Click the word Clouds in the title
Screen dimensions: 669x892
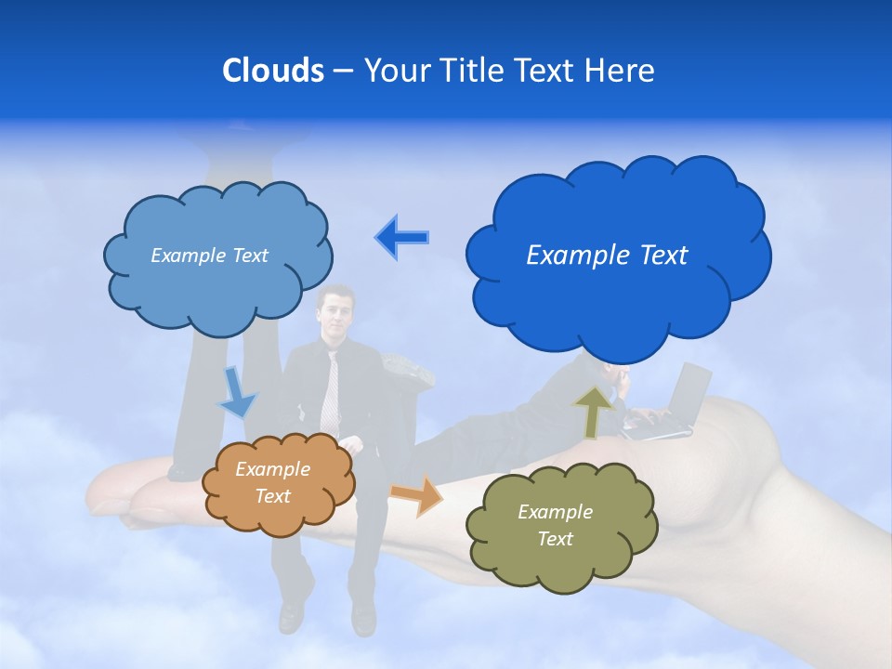[273, 71]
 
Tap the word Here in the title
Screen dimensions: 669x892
[619, 71]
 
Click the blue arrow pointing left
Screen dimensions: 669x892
[402, 238]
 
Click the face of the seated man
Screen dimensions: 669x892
[335, 311]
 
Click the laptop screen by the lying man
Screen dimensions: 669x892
[689, 390]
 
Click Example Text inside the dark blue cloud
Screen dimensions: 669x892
[607, 256]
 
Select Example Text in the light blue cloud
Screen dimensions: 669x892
[209, 256]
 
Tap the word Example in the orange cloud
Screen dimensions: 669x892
[272, 469]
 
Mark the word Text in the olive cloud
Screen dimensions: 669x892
[555, 539]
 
